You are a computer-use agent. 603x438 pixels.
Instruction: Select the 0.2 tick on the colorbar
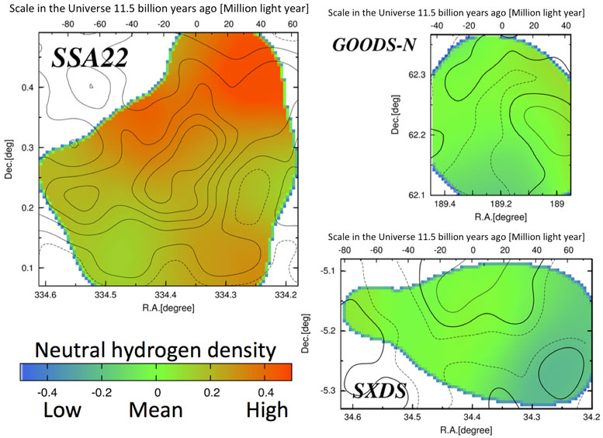pyautogui.click(x=210, y=390)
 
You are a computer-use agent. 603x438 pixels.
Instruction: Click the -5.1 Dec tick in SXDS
pyautogui.click(x=329, y=271)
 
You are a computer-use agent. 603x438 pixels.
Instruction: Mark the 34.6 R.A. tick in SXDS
pyautogui.click(x=353, y=418)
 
